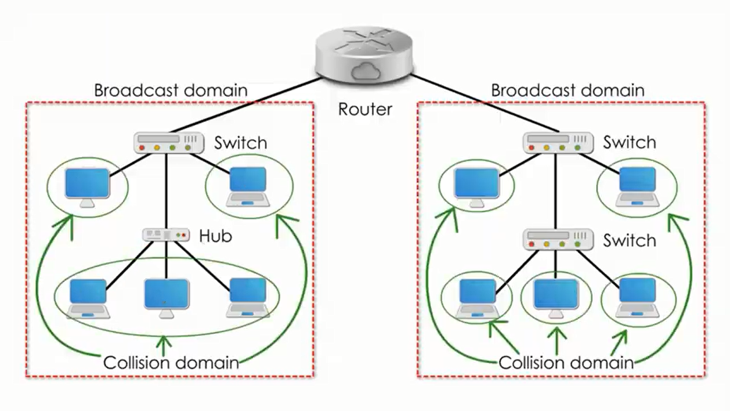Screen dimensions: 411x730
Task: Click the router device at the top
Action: pos(365,55)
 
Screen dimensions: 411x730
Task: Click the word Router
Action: pos(365,109)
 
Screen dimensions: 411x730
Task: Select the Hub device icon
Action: pos(166,235)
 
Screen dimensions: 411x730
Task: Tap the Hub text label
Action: pos(215,236)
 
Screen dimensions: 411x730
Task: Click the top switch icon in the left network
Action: pos(168,143)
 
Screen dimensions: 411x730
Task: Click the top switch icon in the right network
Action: pos(558,143)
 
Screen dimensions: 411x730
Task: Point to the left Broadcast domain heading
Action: pos(171,91)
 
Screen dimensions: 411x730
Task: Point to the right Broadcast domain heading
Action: pos(568,91)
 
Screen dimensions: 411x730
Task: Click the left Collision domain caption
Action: pos(171,363)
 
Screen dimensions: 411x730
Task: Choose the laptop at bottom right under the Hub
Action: pos(248,298)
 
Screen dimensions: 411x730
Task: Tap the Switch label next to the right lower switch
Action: pos(629,240)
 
